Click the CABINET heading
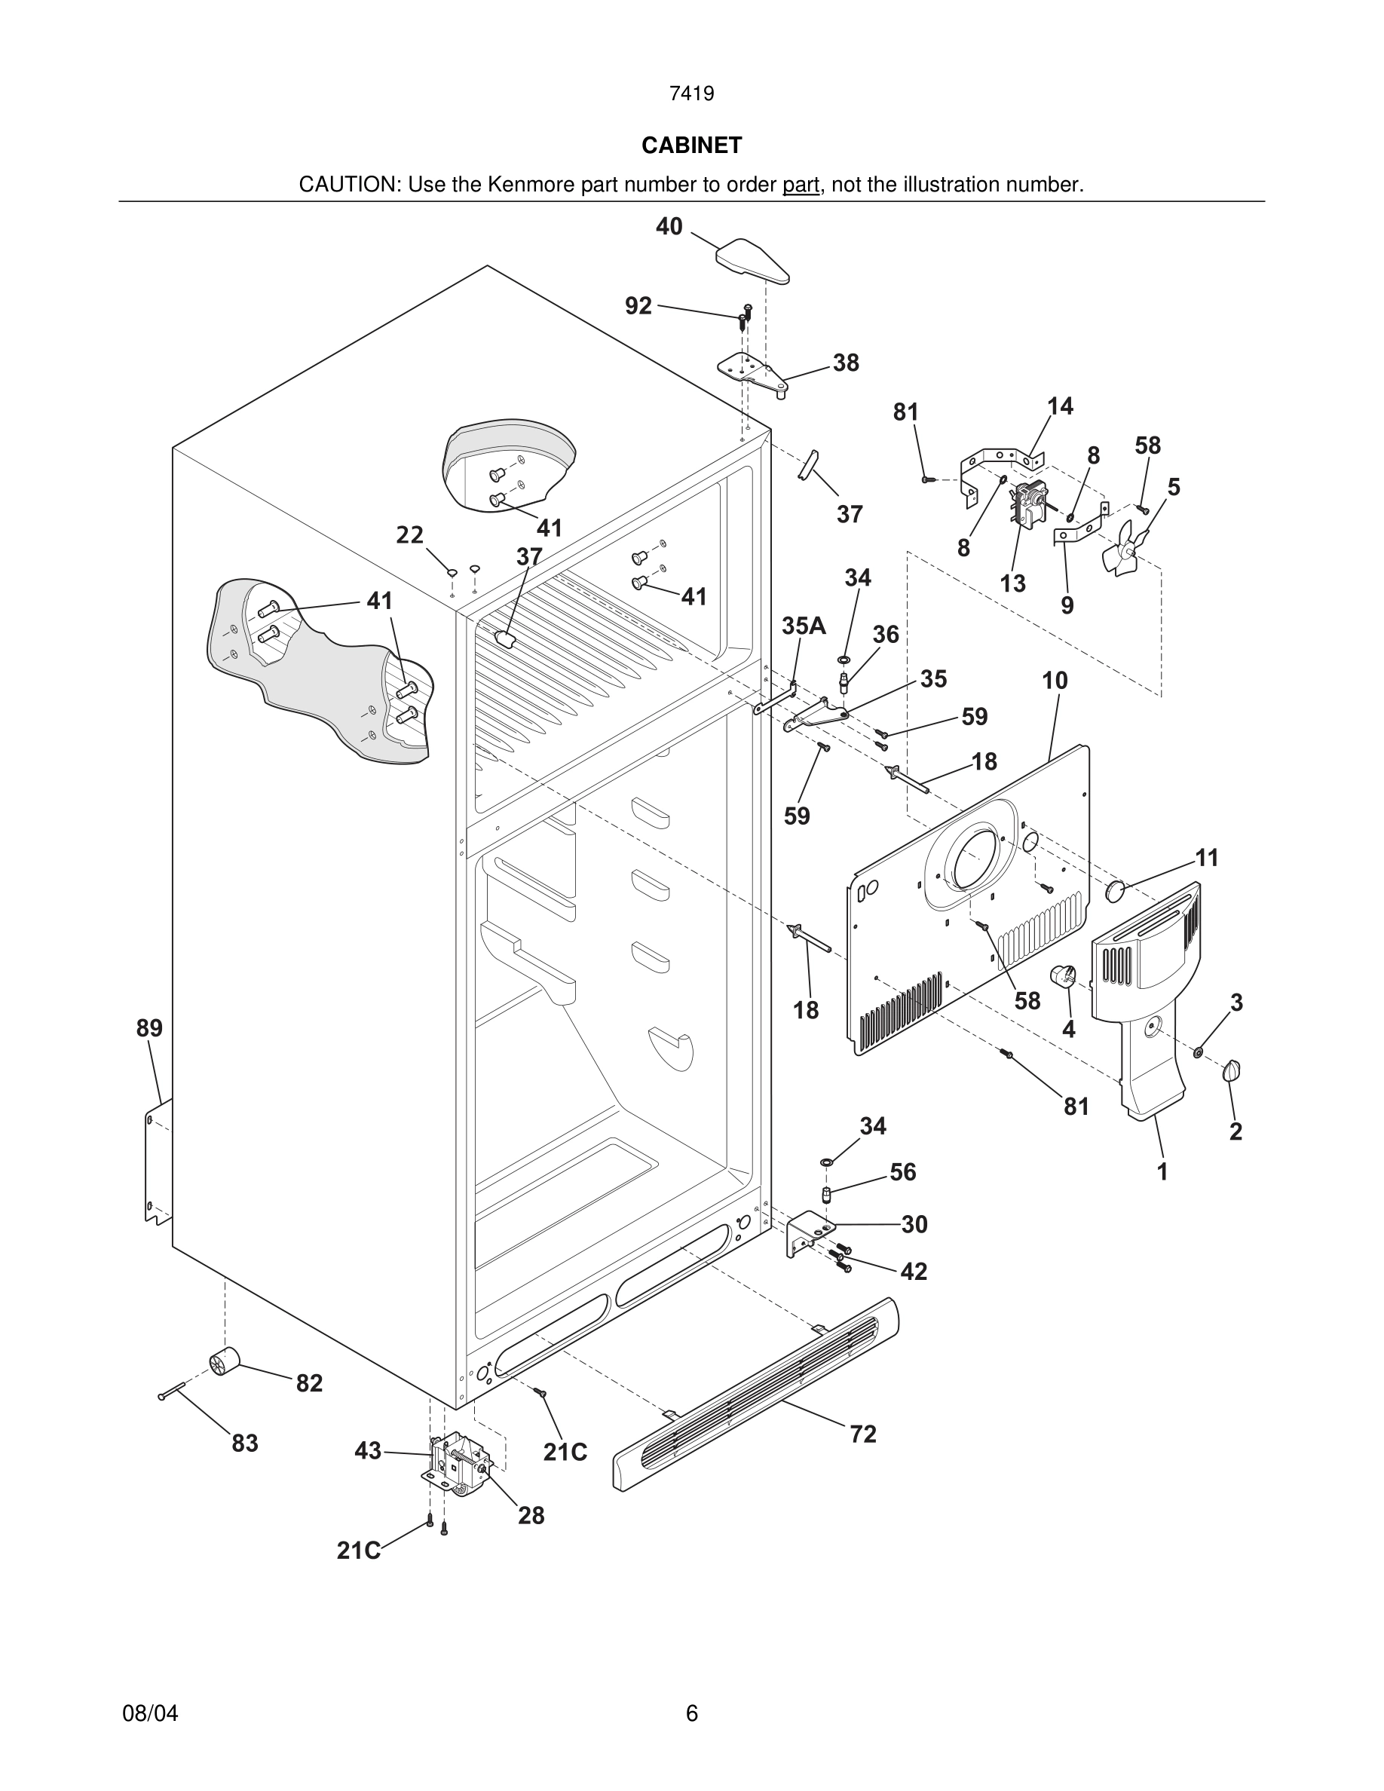point(691,145)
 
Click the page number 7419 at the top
point(691,94)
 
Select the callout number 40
point(669,226)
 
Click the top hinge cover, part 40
point(752,260)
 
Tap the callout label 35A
point(803,626)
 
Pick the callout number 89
point(149,1027)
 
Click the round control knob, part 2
point(1232,1070)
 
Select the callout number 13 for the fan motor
point(1012,584)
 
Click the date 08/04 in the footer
point(150,1713)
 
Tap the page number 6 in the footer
point(691,1713)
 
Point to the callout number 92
point(638,306)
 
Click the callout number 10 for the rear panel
point(1055,681)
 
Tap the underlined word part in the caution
point(801,185)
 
